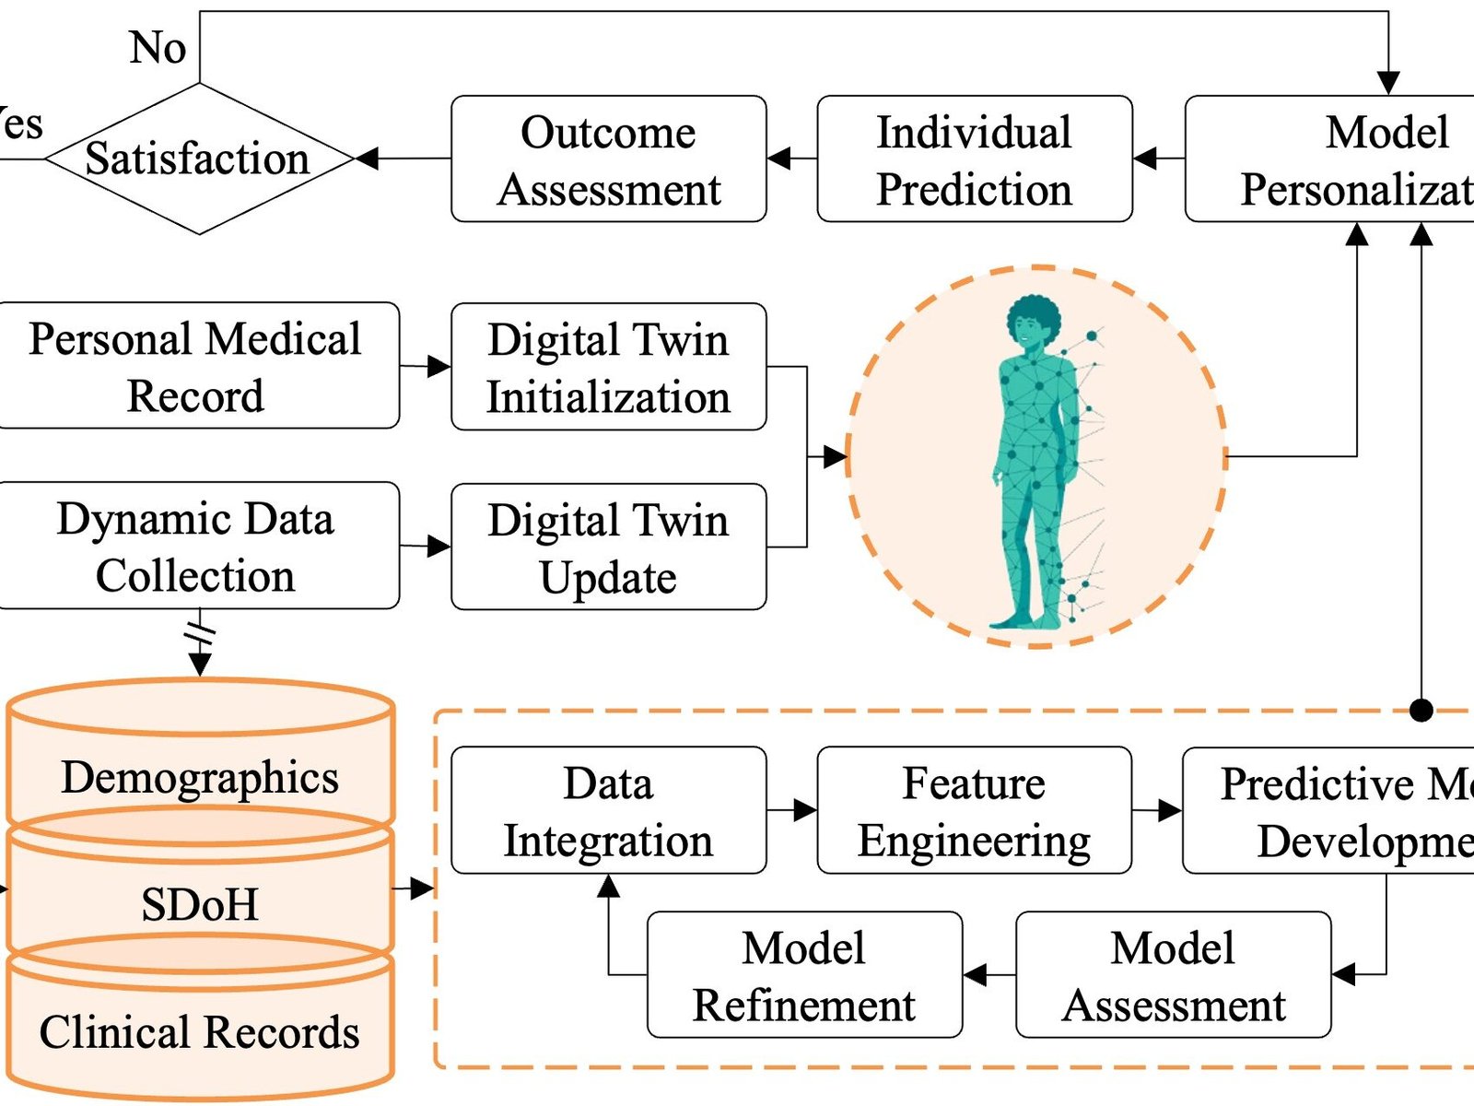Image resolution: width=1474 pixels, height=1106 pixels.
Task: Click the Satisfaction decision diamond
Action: coord(198,159)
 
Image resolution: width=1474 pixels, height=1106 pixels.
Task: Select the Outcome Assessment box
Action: coord(608,159)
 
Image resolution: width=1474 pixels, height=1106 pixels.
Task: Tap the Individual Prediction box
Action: coord(974,159)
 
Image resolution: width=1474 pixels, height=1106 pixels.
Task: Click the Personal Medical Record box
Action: coord(195,366)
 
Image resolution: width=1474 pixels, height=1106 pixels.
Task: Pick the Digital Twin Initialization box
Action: coord(608,367)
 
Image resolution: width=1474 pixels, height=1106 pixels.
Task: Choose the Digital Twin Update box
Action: coord(608,547)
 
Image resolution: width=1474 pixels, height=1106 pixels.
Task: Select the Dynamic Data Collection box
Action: coord(195,546)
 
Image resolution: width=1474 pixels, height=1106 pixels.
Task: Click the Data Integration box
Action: coord(608,810)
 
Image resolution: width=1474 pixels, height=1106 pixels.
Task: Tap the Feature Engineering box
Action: coord(974,810)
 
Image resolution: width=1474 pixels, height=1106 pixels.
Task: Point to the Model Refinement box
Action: coord(804,975)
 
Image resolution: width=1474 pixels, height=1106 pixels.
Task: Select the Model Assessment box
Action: coord(1173,975)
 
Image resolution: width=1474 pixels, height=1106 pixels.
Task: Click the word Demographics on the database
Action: coord(200,777)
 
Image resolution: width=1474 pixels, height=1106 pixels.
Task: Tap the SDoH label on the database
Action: coord(200,904)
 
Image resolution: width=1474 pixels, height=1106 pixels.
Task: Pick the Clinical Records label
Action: coord(200,1031)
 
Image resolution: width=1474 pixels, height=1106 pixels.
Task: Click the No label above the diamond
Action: coord(158,47)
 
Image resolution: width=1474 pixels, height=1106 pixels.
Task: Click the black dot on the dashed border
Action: coord(1421,710)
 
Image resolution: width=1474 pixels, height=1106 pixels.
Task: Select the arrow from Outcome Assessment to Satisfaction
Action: coord(403,159)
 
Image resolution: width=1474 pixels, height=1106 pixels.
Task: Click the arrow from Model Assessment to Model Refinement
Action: coord(989,974)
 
